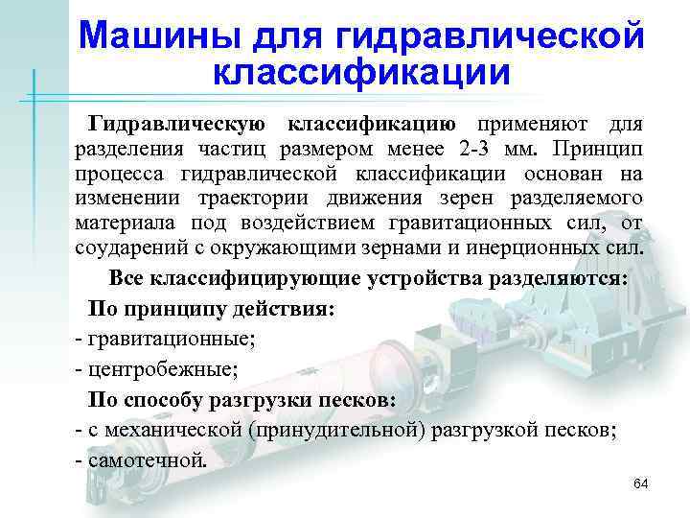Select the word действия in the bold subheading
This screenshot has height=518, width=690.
coord(280,311)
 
